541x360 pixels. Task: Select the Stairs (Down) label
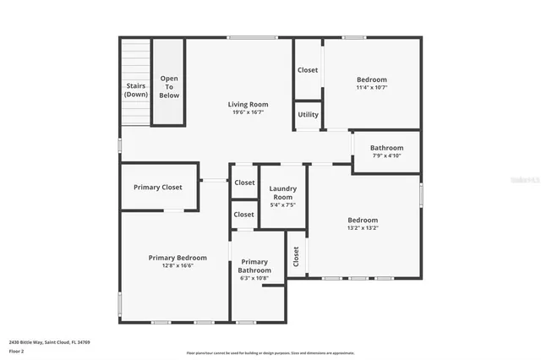(136, 90)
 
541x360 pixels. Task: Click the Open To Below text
(169, 86)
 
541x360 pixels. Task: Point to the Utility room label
(308, 113)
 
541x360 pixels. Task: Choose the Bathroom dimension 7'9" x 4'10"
(386, 155)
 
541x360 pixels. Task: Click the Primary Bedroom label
(178, 258)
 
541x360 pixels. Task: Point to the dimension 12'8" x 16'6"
(178, 265)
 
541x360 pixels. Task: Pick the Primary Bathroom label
(254, 266)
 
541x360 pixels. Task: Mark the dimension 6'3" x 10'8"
(254, 278)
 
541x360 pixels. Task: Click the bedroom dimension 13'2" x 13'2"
(363, 227)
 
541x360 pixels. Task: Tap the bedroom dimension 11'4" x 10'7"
(371, 86)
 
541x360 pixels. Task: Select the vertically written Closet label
(297, 256)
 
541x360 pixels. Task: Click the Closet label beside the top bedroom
(308, 70)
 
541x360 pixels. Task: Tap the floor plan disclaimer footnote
(270, 353)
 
